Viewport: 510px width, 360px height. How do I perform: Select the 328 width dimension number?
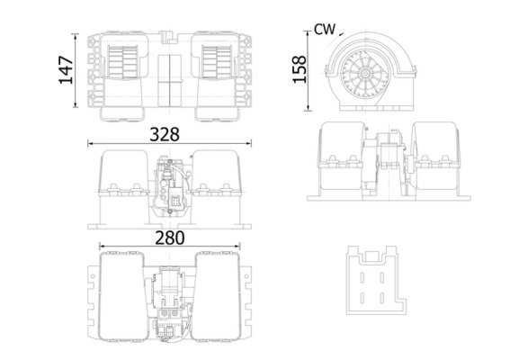coord(164,133)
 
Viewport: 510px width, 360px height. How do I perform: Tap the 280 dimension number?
coord(170,238)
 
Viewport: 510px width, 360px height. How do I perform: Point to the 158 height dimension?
coord(300,68)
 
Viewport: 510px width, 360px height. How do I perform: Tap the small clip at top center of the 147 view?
coord(167,35)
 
